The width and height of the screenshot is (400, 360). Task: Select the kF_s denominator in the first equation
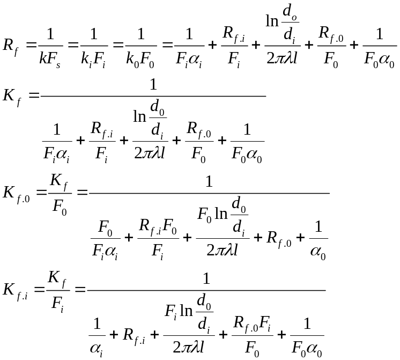click(x=51, y=58)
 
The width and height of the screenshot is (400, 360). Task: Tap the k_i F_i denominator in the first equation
click(x=94, y=58)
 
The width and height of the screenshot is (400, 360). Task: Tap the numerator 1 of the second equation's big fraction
click(x=153, y=85)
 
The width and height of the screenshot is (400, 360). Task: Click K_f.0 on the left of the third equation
click(x=16, y=193)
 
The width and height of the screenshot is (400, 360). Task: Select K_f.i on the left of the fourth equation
click(x=16, y=291)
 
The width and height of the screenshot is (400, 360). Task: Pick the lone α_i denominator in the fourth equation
click(x=97, y=348)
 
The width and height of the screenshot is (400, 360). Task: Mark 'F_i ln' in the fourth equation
click(x=179, y=311)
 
